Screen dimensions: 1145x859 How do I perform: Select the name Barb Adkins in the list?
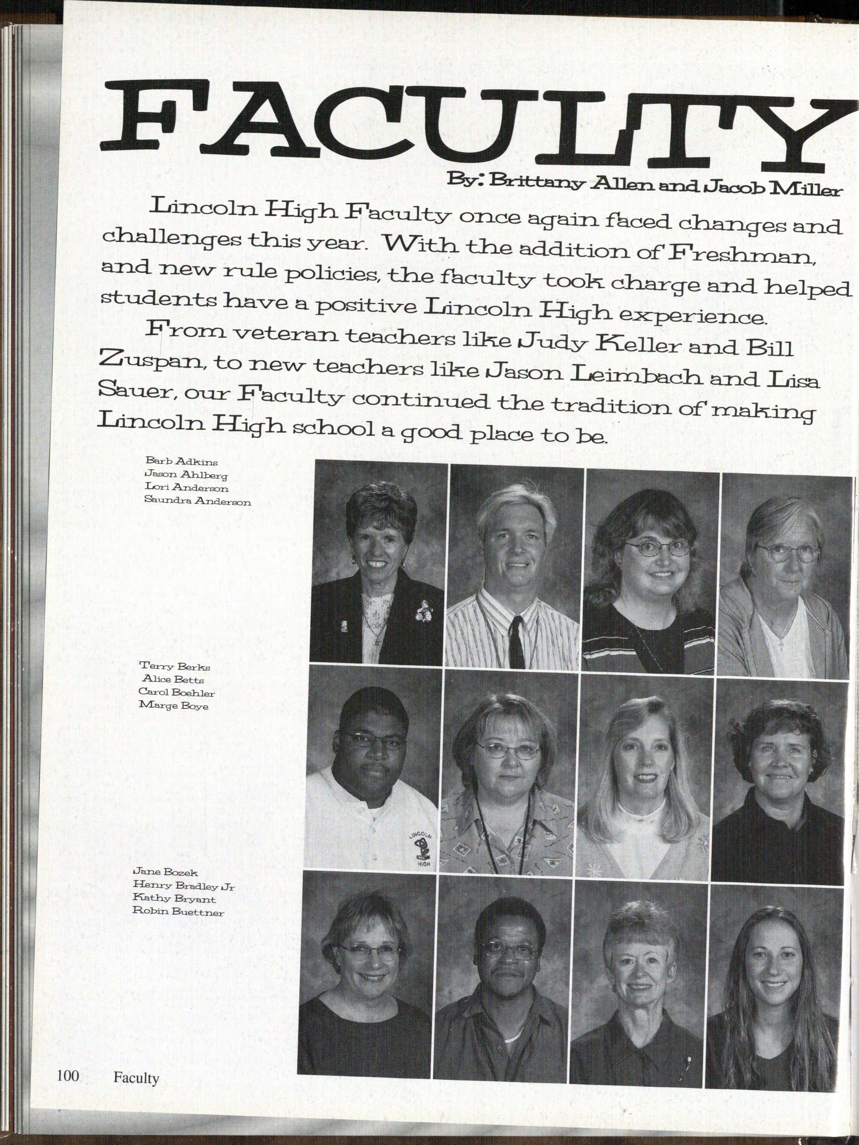click(181, 461)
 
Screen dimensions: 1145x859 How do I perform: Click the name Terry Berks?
click(174, 667)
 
